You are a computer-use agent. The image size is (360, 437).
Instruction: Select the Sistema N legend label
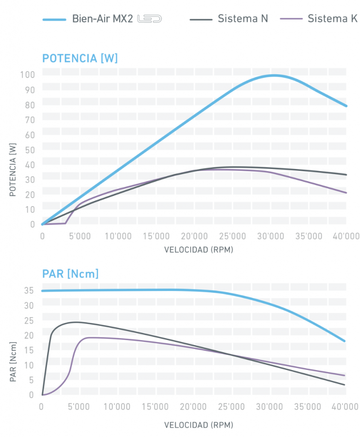[x=243, y=19]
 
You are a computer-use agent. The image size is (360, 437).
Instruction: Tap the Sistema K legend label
[x=332, y=19]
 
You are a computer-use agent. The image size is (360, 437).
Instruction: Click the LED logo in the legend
[x=149, y=19]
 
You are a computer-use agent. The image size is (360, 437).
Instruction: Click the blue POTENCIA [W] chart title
[x=79, y=58]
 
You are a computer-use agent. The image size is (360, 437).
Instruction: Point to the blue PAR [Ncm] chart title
[x=70, y=273]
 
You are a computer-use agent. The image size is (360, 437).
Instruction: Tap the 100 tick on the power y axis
[x=27, y=75]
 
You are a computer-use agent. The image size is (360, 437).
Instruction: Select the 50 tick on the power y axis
[x=29, y=150]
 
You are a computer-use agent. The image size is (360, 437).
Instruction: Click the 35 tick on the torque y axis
[x=29, y=291]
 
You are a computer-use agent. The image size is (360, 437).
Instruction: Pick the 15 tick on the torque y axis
[x=29, y=350]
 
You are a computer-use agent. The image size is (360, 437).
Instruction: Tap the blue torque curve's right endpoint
[x=345, y=341]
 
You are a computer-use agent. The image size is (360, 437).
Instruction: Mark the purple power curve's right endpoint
[x=346, y=193]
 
